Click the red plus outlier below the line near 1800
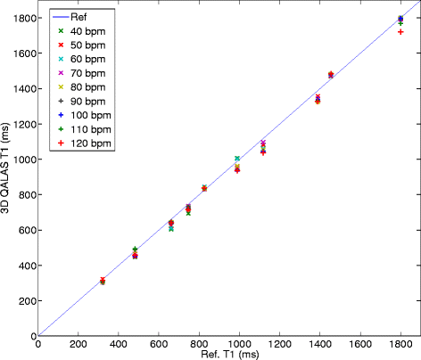coord(400,32)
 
